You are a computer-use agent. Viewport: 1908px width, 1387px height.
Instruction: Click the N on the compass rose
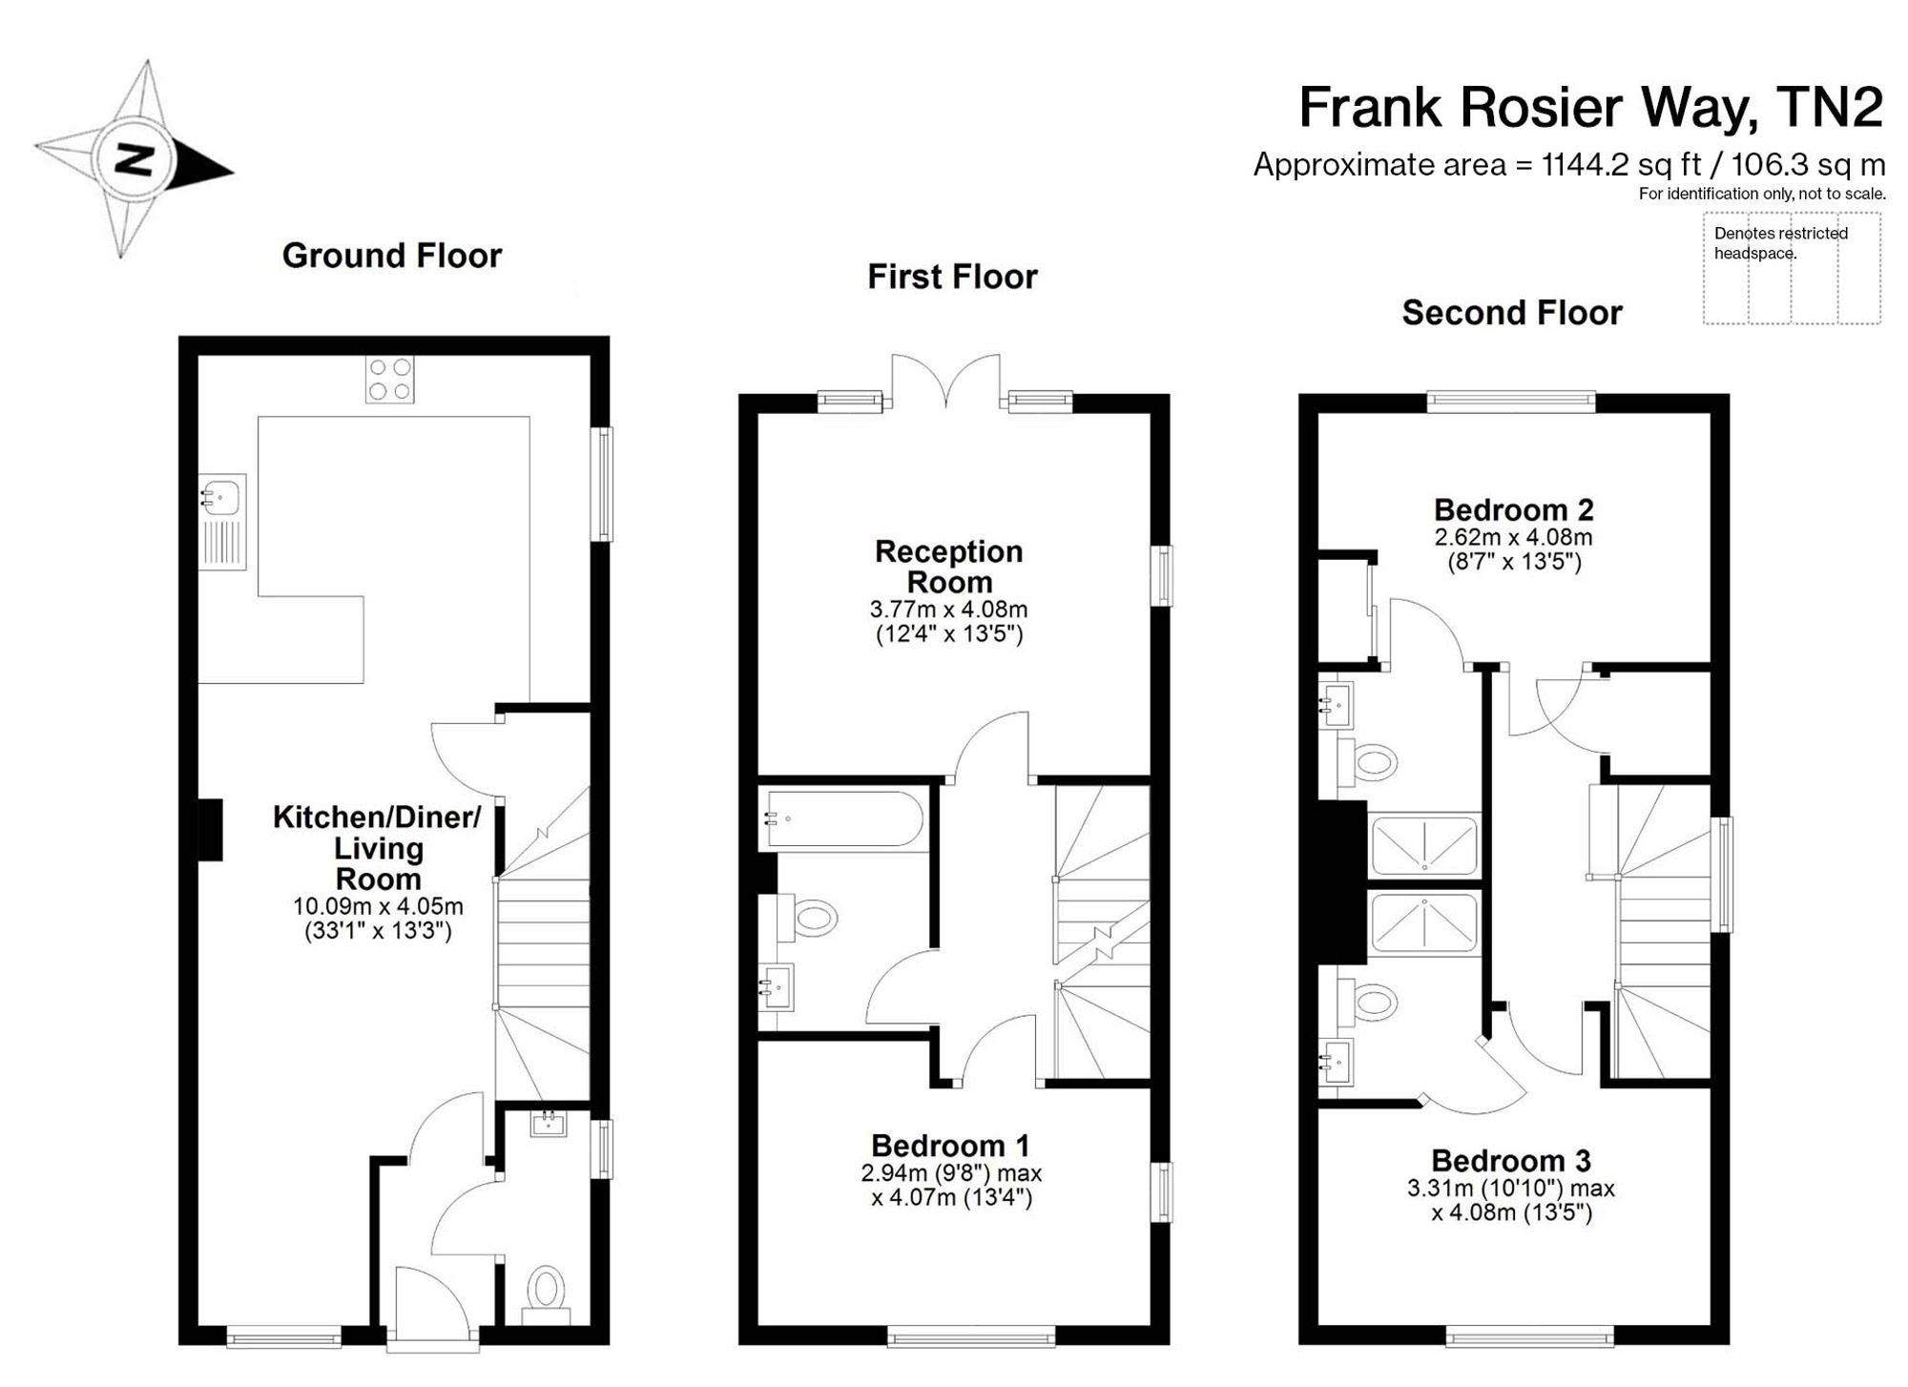pyautogui.click(x=134, y=159)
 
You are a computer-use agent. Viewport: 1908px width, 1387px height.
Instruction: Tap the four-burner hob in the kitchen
pyautogui.click(x=390, y=380)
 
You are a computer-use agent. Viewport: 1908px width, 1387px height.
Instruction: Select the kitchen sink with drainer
pyautogui.click(x=221, y=522)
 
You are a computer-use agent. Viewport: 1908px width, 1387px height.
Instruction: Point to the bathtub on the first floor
pyautogui.click(x=842, y=819)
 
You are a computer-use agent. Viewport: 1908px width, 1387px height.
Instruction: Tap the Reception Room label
pyautogui.click(x=948, y=567)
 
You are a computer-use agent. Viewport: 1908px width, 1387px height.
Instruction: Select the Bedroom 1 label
pyautogui.click(x=950, y=1145)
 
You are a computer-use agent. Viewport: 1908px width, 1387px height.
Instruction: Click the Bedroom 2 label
pyautogui.click(x=1513, y=509)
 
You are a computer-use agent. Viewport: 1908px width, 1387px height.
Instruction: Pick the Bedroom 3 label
pyautogui.click(x=1511, y=1161)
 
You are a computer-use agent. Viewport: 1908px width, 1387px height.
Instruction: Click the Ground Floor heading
pyautogui.click(x=391, y=256)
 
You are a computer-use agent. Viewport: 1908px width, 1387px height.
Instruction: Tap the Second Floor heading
pyautogui.click(x=1511, y=313)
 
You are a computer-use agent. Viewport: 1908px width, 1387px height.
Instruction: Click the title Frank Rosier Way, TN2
pyautogui.click(x=1590, y=107)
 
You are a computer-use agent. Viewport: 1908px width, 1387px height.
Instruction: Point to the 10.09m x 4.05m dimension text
pyautogui.click(x=378, y=906)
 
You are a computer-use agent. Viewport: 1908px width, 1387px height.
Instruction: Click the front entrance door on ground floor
pyautogui.click(x=431, y=1307)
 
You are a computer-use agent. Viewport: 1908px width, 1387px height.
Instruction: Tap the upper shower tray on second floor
pyautogui.click(x=1423, y=844)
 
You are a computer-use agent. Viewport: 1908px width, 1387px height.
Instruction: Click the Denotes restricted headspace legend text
pyautogui.click(x=1779, y=243)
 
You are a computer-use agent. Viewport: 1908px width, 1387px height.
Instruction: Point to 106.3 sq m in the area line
pyautogui.click(x=1808, y=165)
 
